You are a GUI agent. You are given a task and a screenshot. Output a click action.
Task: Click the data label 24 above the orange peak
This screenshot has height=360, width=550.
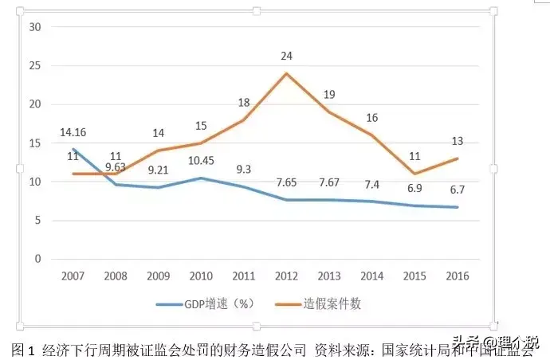click(x=286, y=57)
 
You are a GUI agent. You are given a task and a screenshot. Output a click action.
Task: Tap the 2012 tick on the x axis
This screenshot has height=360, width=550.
click(x=286, y=276)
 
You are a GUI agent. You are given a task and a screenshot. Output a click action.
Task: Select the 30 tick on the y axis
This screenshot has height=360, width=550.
click(x=33, y=26)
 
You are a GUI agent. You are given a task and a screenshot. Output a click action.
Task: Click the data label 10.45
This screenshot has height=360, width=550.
click(x=200, y=161)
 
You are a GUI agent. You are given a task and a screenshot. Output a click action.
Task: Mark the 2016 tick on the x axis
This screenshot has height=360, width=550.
click(x=458, y=276)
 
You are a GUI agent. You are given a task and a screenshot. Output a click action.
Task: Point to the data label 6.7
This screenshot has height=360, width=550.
click(x=458, y=190)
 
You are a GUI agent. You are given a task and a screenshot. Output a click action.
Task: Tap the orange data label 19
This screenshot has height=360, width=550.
click(x=329, y=96)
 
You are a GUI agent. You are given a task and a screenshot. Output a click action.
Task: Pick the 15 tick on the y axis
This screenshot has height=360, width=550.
click(x=33, y=143)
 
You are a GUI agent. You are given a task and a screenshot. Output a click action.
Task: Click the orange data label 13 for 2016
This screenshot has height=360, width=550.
click(x=458, y=142)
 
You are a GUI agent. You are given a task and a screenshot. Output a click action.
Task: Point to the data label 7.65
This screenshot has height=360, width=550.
click(x=286, y=182)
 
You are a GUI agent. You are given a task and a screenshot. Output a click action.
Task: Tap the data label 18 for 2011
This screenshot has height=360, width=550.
click(x=243, y=103)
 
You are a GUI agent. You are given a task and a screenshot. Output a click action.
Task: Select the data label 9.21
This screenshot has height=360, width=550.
click(x=158, y=170)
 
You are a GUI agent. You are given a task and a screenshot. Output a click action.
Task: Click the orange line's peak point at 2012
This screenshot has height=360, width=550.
click(x=286, y=73)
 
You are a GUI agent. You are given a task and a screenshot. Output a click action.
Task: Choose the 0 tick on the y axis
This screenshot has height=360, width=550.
click(x=37, y=259)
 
